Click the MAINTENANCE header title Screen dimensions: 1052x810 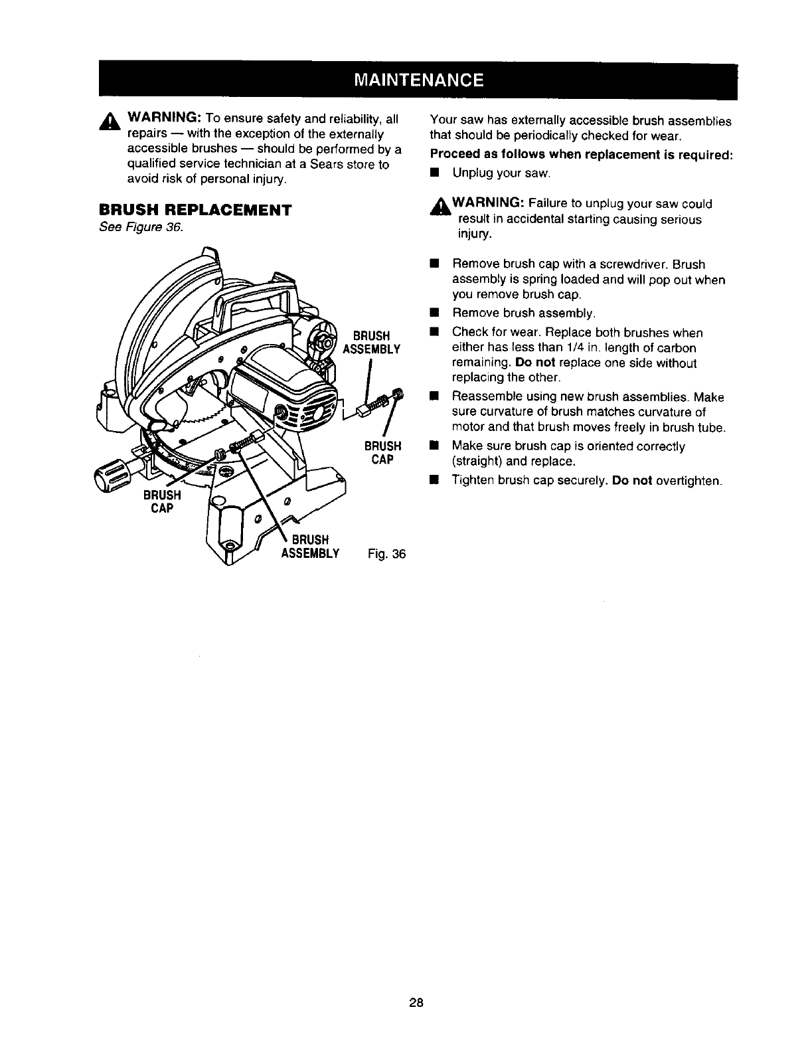(418, 80)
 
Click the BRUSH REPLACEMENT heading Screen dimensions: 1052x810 (195, 210)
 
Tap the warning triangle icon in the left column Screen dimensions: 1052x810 (108, 122)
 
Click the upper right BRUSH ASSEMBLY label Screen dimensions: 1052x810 (371, 341)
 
